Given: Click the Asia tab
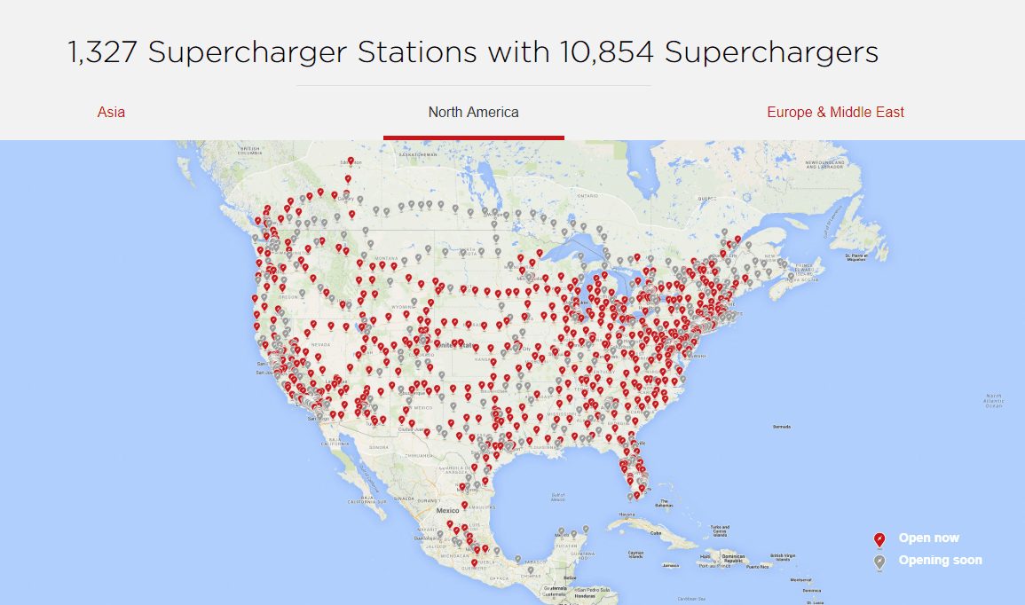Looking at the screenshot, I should pyautogui.click(x=111, y=112).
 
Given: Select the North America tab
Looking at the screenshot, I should pyautogui.click(x=473, y=112).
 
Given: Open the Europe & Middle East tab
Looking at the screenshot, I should pyautogui.click(x=835, y=112).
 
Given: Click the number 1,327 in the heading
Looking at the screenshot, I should pyautogui.click(x=102, y=52).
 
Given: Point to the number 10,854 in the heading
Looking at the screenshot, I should pyautogui.click(x=607, y=52).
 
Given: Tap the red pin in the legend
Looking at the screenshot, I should pyautogui.click(x=879, y=539).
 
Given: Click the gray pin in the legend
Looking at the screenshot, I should pyautogui.click(x=879, y=562).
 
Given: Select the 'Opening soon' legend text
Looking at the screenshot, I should pyautogui.click(x=940, y=560).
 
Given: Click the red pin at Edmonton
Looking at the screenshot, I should pyautogui.click(x=351, y=162).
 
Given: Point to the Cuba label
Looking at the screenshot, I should pyautogui.click(x=657, y=533).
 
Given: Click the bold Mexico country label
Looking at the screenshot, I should pyautogui.click(x=447, y=511).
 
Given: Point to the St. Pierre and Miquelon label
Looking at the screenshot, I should pyautogui.click(x=855, y=257).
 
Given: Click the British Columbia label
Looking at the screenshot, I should pyautogui.click(x=250, y=151).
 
